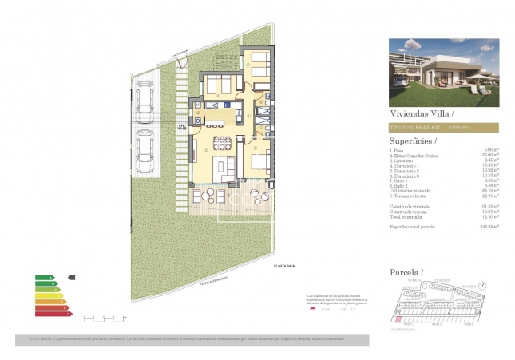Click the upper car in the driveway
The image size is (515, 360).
(145, 98)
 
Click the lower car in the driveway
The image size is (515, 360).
(145, 149)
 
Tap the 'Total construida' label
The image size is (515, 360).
(406, 216)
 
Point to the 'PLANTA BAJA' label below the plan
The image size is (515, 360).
(284, 265)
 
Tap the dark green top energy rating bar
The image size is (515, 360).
(45, 278)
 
